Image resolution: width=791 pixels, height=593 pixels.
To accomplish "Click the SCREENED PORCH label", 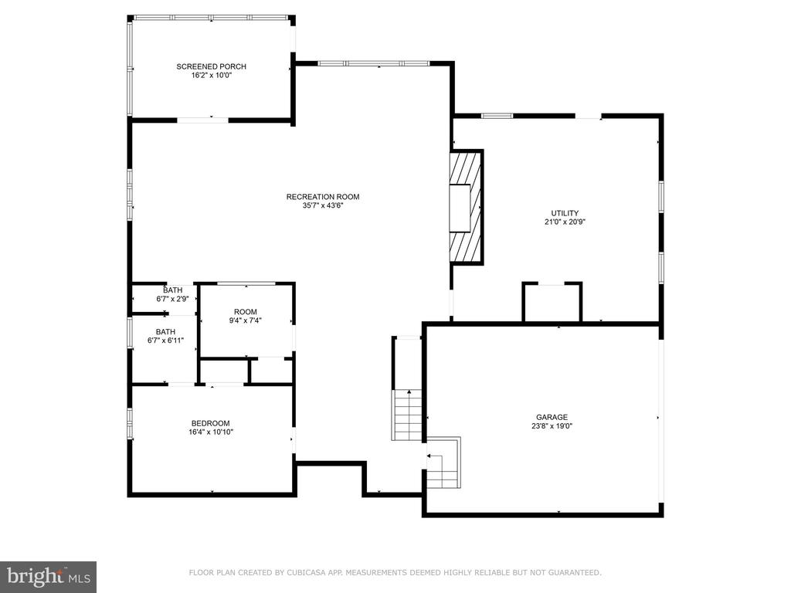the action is click(x=212, y=66).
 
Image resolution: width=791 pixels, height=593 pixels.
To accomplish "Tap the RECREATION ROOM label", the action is click(x=323, y=197).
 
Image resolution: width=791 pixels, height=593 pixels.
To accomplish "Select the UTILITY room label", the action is click(x=565, y=213).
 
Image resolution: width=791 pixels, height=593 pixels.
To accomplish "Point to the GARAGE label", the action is click(x=552, y=417).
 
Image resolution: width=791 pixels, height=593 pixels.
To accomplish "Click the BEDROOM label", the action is click(x=210, y=424).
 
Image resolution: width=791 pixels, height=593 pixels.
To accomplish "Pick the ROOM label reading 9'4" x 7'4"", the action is click(x=246, y=312).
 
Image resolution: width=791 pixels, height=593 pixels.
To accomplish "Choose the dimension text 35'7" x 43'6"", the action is click(x=323, y=205).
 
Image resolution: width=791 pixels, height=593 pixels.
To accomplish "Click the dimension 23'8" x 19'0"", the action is click(x=552, y=425).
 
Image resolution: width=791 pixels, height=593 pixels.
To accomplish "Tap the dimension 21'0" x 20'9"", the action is click(x=565, y=222).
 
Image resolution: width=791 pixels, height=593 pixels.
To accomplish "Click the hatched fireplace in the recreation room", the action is click(x=467, y=207).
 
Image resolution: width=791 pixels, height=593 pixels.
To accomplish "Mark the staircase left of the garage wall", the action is click(x=408, y=415).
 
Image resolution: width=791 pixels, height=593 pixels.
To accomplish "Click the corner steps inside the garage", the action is click(x=444, y=463).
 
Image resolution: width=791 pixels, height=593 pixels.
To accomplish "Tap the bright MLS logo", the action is click(x=49, y=577).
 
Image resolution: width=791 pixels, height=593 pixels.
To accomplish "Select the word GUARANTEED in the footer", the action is click(x=575, y=572).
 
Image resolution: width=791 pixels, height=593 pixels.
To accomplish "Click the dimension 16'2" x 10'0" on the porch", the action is click(x=212, y=75).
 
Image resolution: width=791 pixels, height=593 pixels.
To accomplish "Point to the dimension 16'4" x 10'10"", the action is click(x=211, y=432).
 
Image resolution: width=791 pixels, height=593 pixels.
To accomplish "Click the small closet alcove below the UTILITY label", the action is click(x=552, y=303).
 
